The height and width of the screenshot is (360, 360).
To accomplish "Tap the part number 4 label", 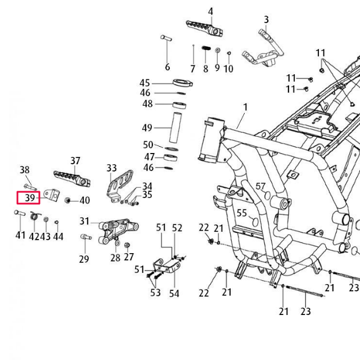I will (210, 11).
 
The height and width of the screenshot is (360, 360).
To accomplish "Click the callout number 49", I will (147, 127).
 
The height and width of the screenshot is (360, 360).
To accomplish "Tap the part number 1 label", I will (245, 107).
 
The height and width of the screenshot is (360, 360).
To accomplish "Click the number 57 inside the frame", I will (260, 186).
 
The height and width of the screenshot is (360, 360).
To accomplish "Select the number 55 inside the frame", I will (242, 213).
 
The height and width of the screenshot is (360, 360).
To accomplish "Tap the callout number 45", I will (145, 83).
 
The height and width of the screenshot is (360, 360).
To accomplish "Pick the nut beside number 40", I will (68, 200).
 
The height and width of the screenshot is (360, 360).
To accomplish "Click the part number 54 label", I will (174, 293).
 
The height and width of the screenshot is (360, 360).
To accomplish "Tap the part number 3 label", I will (266, 20).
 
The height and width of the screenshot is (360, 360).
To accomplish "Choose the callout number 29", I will (84, 259).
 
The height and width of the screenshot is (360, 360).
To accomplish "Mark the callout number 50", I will (148, 145).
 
